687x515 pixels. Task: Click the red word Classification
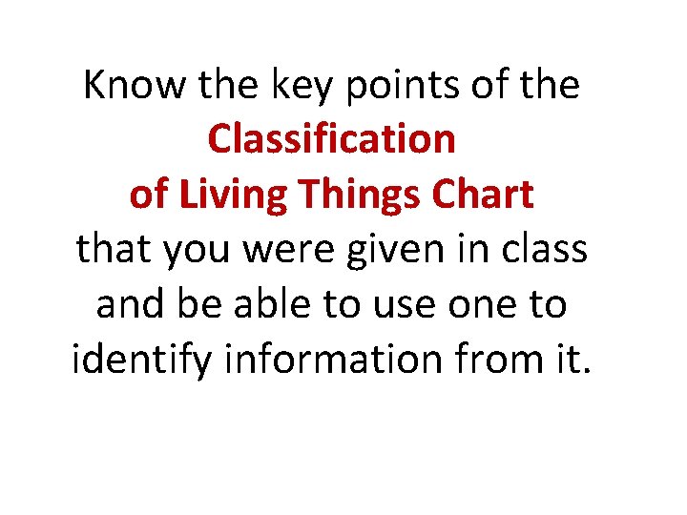[x=331, y=139]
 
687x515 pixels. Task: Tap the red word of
[x=148, y=195]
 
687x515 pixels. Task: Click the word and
[x=131, y=305]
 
